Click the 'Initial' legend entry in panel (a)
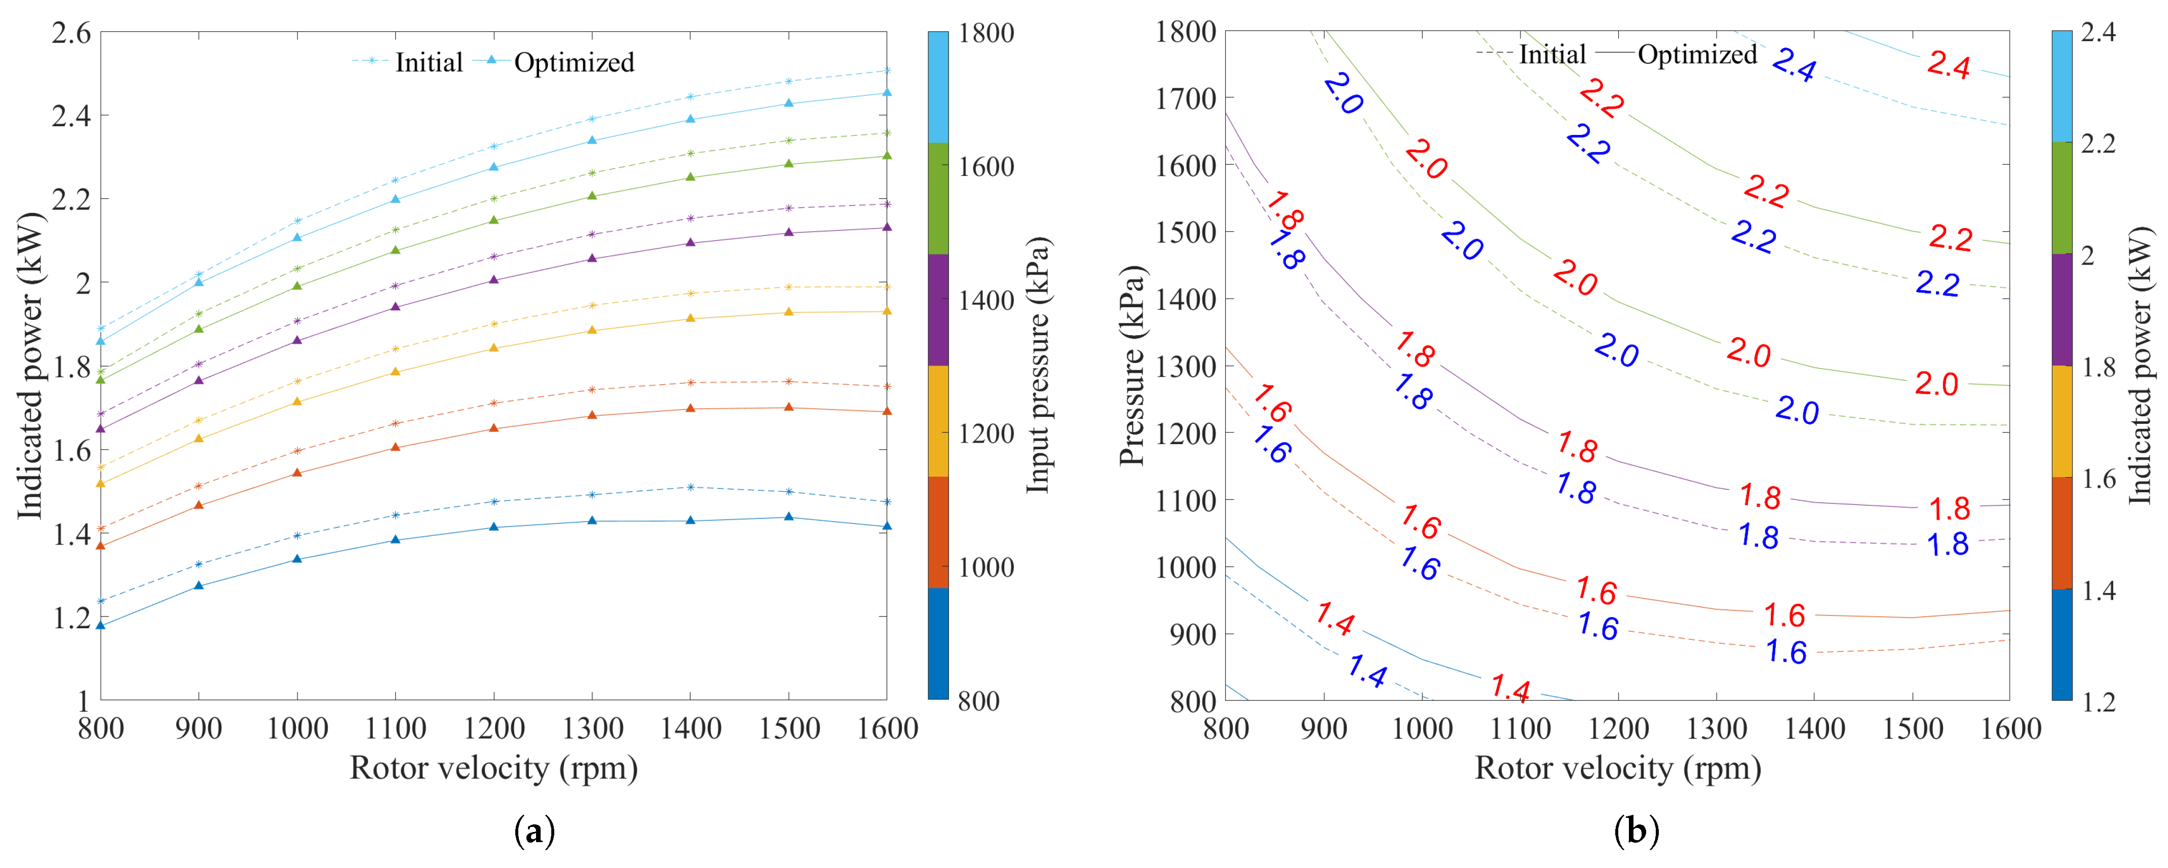click(429, 62)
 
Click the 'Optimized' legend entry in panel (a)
click(573, 62)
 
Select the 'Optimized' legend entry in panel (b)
click(1697, 55)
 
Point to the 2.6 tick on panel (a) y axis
click(71, 33)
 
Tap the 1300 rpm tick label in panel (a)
click(592, 728)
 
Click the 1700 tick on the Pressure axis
click(1186, 98)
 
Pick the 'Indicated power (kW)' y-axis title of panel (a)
click(30, 366)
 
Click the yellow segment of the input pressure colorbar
click(937, 421)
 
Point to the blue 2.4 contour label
click(1794, 64)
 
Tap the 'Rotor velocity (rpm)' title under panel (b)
click(1618, 768)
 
